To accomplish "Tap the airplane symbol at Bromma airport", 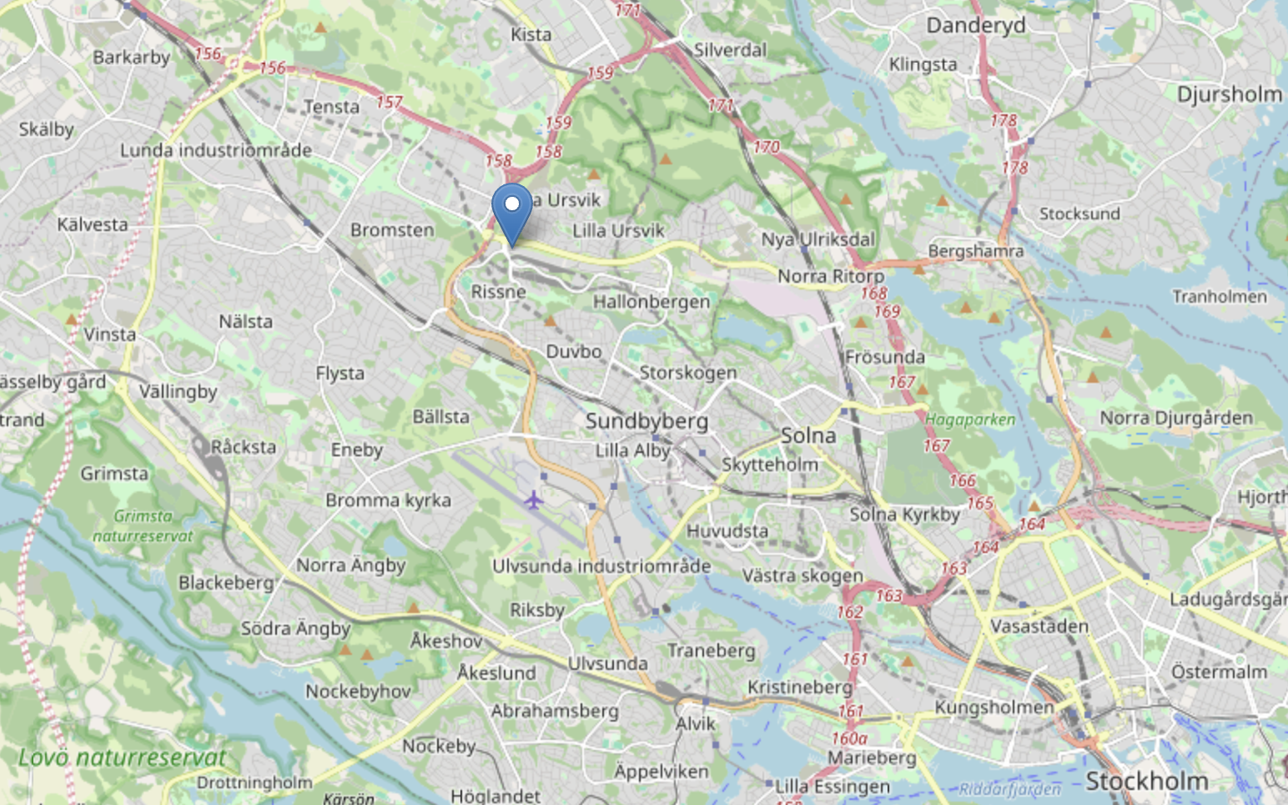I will [533, 500].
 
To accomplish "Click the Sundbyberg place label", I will [647, 421].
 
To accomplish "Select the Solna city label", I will [808, 435].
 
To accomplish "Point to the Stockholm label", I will [1146, 782].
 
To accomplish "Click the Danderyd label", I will [975, 25].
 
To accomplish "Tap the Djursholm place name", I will [1229, 94].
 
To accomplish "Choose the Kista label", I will [531, 34].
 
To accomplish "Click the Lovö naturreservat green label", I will [122, 757].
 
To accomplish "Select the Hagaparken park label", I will [970, 420].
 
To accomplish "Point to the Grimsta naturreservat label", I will [143, 526].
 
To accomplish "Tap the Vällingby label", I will [178, 391].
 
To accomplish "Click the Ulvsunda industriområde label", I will [601, 566].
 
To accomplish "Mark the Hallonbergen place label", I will [651, 301].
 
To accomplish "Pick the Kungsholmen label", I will [994, 707].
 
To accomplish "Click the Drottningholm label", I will [254, 782].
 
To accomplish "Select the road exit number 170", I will [766, 147].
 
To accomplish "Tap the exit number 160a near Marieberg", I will [849, 738].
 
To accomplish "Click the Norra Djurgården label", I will [1175, 418].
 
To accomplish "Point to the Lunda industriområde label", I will [215, 150].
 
